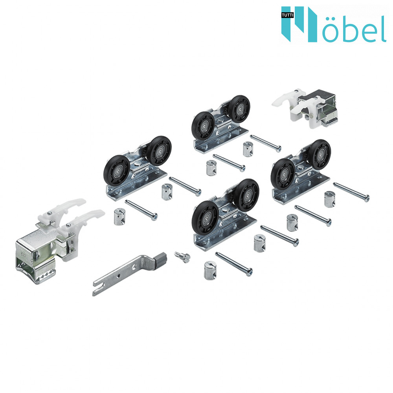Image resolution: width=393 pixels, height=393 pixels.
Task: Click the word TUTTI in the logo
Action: coord(287,15)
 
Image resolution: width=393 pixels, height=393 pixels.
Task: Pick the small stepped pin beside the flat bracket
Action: coord(182,257)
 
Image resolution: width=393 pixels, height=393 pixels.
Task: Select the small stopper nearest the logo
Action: coord(306,107)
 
